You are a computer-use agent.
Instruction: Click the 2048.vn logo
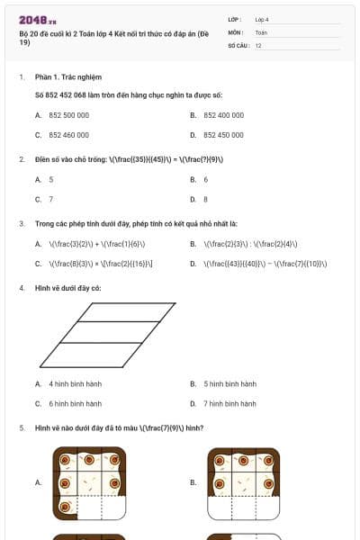tap(38, 20)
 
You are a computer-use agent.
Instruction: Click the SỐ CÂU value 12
tap(258, 45)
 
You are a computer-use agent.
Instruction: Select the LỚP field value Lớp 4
tap(262, 19)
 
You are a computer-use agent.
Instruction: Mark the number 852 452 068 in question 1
tap(85, 94)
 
